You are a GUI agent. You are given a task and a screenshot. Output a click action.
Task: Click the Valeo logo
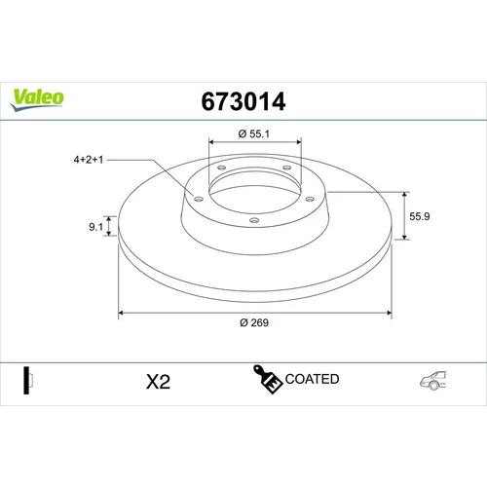tap(37, 99)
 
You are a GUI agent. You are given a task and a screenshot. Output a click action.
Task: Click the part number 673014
tap(243, 101)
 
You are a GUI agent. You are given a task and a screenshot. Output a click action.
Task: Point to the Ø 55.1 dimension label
tap(254, 133)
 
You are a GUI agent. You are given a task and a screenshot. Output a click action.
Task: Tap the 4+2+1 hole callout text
tap(89, 160)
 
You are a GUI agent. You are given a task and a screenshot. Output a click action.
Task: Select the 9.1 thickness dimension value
tap(95, 227)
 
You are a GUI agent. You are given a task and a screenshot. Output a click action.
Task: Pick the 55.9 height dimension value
tap(420, 216)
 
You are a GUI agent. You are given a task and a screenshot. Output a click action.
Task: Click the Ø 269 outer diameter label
tap(254, 322)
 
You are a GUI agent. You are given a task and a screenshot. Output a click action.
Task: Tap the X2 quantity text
tap(158, 382)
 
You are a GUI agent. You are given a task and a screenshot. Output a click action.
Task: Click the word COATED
tap(312, 379)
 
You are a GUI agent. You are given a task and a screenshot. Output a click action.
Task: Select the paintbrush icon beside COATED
tap(267, 379)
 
